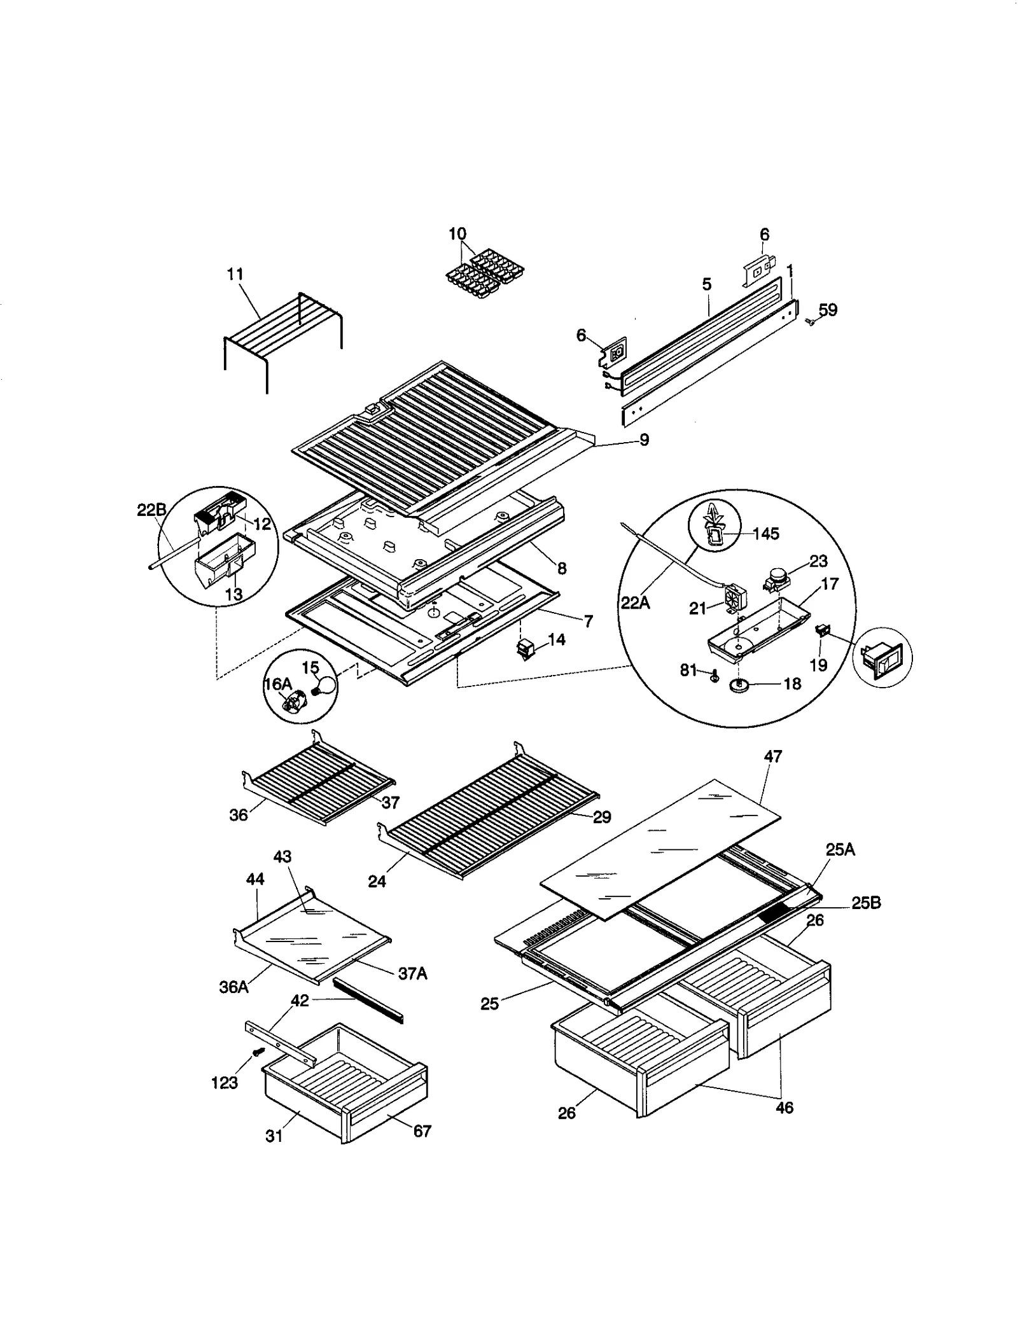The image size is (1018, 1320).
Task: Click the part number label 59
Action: click(828, 310)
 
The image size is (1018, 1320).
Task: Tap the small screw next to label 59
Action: click(810, 322)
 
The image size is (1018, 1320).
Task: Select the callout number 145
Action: click(766, 534)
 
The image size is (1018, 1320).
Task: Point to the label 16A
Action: click(277, 684)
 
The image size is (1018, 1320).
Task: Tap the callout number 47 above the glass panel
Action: click(772, 756)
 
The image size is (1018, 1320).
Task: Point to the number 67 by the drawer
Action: click(422, 1130)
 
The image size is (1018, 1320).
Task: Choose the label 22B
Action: click(151, 510)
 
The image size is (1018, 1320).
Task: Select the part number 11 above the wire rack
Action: click(235, 274)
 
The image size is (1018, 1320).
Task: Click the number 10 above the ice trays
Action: click(457, 233)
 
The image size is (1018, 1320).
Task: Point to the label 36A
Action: click(234, 987)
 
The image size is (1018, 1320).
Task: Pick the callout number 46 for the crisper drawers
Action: click(784, 1108)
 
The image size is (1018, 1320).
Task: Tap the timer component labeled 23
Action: click(777, 578)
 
